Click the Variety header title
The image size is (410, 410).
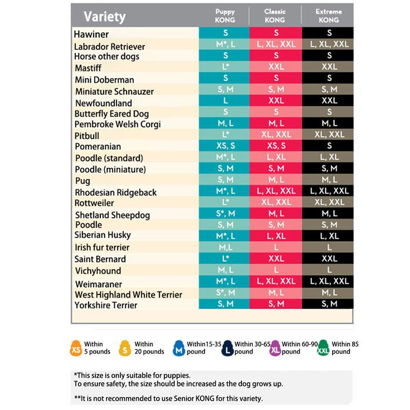tap(105, 16)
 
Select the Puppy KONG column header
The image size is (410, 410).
tap(225, 15)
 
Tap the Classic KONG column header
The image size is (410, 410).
tap(275, 15)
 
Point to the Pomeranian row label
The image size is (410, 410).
tap(97, 147)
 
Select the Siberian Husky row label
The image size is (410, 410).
tap(102, 235)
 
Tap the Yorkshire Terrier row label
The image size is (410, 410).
tap(106, 305)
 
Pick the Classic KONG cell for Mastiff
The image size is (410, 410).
tap(276, 67)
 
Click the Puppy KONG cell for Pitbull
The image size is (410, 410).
tap(225, 135)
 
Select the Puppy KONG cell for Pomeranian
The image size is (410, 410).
tap(225, 146)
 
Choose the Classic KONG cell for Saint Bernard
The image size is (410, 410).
tap(276, 259)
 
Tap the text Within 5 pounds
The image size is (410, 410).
tap(97, 348)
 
